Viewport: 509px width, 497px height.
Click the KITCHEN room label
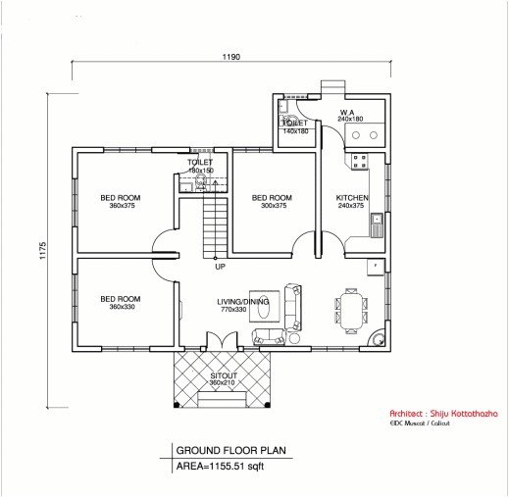click(x=350, y=197)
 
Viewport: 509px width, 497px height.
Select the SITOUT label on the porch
click(x=222, y=374)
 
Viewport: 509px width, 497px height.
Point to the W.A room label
click(x=348, y=113)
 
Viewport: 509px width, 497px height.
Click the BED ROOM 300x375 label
click(x=268, y=197)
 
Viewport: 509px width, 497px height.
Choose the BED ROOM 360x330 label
click(x=121, y=299)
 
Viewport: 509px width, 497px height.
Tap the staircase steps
click(x=213, y=224)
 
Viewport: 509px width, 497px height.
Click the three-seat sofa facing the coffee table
click(x=292, y=306)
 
